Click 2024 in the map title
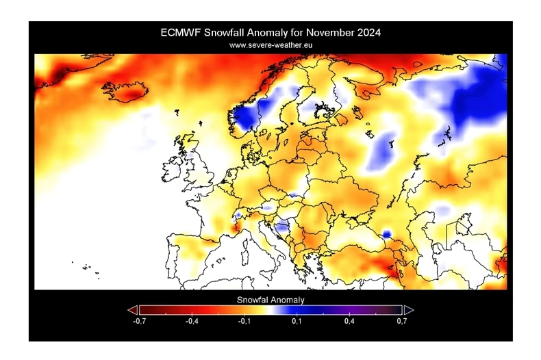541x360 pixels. [x=366, y=32]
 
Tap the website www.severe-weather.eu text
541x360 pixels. [x=270, y=44]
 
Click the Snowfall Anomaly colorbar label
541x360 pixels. [x=270, y=300]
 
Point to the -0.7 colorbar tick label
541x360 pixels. [x=140, y=320]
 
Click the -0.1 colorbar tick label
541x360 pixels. [x=244, y=320]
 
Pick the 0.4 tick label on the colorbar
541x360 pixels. [x=349, y=320]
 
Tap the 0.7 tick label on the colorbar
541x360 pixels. [x=401, y=320]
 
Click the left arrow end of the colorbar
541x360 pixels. [x=133, y=310]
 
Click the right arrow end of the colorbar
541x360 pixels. [x=408, y=310]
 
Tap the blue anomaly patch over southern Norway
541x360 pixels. [x=244, y=118]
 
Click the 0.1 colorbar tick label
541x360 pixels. [x=297, y=320]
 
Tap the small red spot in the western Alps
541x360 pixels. [x=238, y=220]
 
